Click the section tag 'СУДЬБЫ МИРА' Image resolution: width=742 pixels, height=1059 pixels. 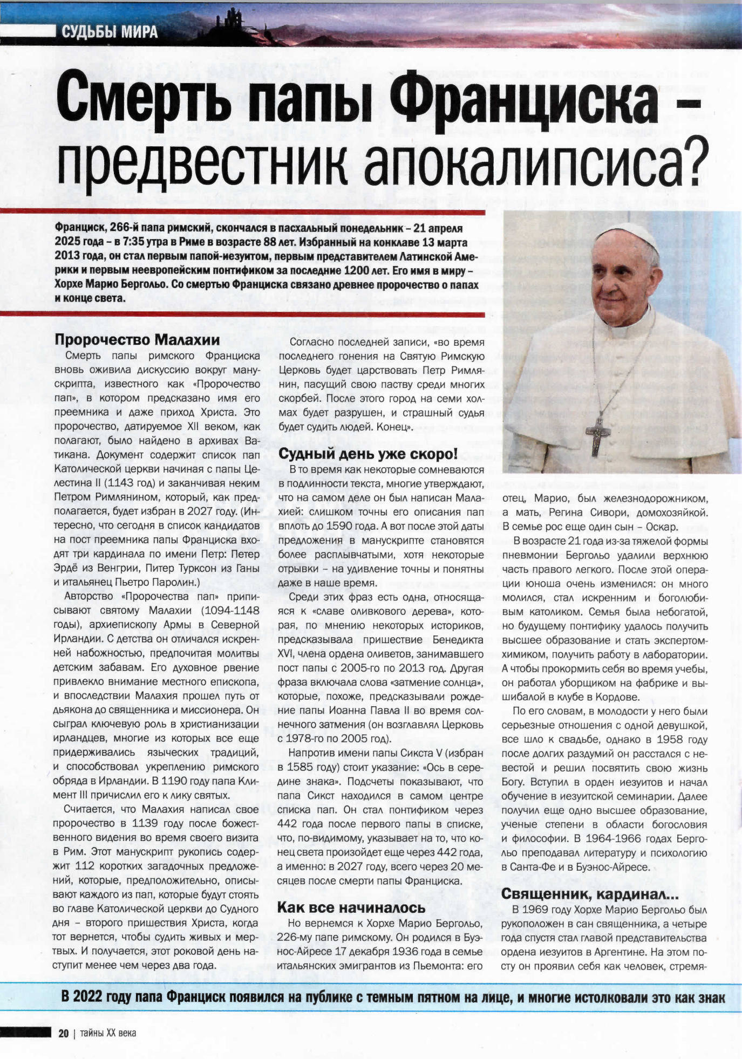coord(110,32)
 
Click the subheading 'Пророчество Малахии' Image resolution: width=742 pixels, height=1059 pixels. coord(137,340)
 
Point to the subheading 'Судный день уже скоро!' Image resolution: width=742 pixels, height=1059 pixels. coord(368,454)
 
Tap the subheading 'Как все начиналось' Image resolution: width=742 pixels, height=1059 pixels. coord(351,907)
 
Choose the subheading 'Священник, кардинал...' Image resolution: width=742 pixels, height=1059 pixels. coord(590,894)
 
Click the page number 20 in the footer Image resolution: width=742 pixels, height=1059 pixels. coord(64,1033)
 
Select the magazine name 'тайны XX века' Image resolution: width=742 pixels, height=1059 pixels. coord(108,1033)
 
